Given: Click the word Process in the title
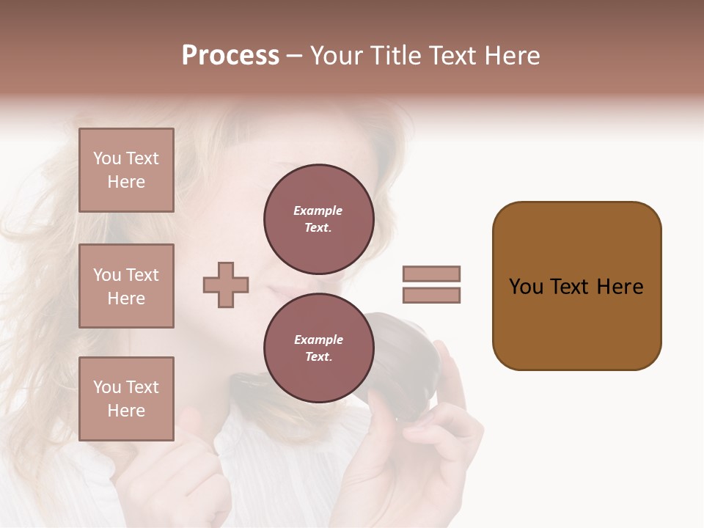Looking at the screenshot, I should click(x=230, y=56).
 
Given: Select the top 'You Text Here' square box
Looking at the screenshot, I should click(x=126, y=170).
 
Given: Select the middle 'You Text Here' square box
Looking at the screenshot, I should click(x=126, y=286).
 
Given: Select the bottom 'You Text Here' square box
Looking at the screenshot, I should click(x=126, y=399).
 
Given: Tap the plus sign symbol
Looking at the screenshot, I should click(x=226, y=285).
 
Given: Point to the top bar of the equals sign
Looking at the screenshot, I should click(x=431, y=274).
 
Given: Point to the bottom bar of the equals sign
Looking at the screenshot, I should click(x=431, y=296).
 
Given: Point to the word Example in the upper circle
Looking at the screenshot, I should click(x=318, y=210).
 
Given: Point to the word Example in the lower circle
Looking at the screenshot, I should click(x=318, y=340).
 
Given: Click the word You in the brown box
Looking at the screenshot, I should click(x=526, y=287).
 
